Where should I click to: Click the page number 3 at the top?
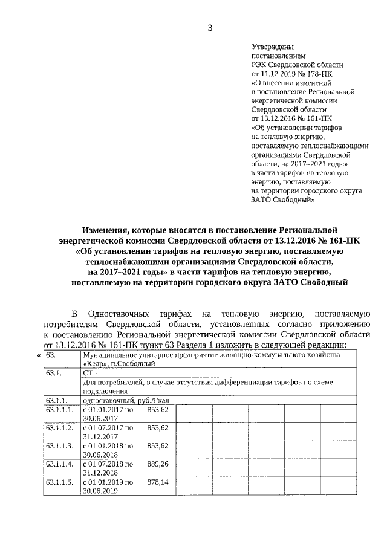point(210,28)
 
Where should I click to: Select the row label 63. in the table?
point(51,355)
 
